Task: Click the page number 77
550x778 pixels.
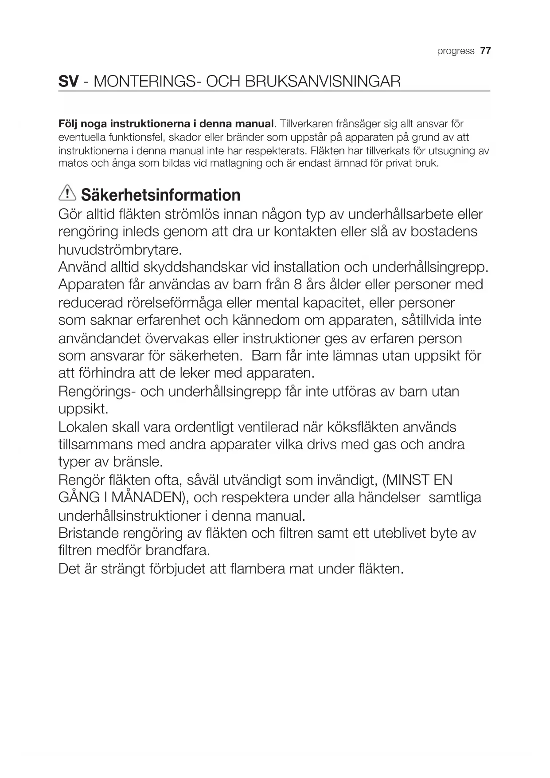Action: click(485, 51)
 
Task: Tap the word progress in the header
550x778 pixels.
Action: click(456, 51)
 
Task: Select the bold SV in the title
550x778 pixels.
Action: click(69, 82)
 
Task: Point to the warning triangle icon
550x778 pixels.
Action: click(67, 193)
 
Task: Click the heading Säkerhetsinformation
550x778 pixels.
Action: click(161, 195)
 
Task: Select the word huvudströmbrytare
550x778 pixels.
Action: click(120, 250)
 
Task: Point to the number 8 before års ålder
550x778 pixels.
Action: click(298, 284)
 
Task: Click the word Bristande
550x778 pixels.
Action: click(88, 533)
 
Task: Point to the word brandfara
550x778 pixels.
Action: click(177, 551)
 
